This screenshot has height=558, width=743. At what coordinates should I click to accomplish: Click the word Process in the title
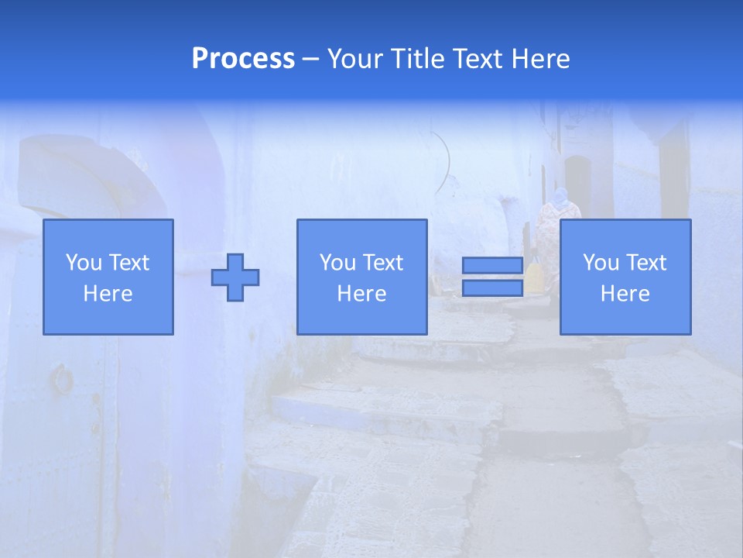243,59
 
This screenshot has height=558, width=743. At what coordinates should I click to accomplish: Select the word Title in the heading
419,59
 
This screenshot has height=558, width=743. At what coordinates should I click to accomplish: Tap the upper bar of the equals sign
492,265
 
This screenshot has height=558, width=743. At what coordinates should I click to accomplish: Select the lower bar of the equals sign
492,288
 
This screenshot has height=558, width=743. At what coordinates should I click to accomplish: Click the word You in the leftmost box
84,263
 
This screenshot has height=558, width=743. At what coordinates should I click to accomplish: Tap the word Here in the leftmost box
108,294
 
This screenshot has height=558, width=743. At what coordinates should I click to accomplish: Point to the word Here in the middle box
361,294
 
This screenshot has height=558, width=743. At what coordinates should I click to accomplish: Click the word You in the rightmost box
601,263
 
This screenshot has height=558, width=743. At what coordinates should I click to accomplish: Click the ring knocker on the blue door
61,379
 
